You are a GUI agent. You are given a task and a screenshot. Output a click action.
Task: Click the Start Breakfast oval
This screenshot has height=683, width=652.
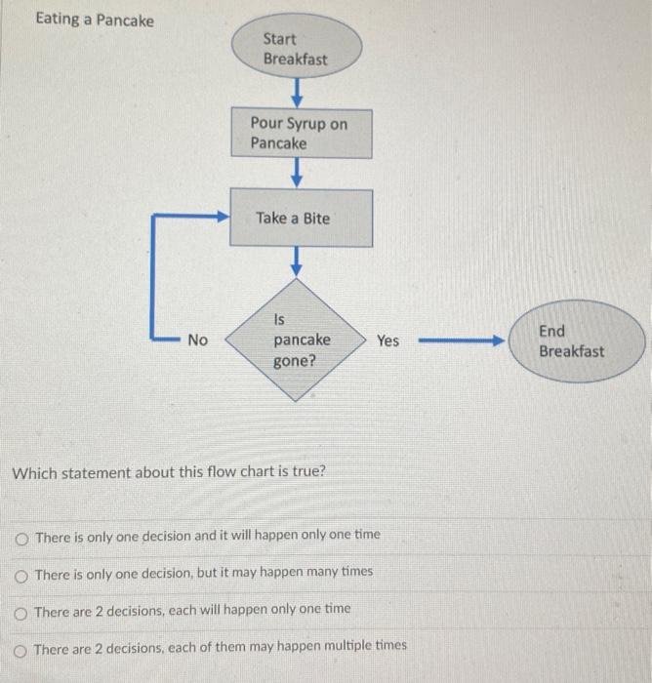296,49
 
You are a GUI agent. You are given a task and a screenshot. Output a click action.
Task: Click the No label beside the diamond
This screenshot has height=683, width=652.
198,340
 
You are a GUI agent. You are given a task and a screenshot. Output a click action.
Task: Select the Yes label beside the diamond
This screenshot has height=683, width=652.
387,341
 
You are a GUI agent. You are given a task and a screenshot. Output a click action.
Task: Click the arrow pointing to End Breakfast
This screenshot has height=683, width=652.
459,341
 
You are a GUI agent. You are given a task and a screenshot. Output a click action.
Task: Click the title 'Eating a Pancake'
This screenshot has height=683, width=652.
95,20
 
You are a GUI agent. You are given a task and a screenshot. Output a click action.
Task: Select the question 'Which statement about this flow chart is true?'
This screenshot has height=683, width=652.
168,472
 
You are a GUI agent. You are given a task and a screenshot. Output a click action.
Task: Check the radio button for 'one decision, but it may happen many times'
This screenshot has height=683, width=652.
21,573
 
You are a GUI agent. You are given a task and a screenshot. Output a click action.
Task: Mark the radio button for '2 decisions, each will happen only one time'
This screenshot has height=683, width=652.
21,611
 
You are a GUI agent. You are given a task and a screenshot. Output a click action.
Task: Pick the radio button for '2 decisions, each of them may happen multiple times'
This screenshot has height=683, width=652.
21,647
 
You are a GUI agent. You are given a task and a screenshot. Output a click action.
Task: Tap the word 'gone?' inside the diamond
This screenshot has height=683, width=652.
295,361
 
